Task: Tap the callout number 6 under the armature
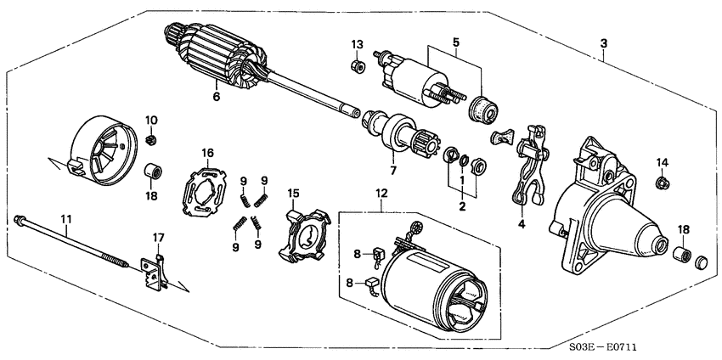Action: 216,97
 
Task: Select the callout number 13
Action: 357,44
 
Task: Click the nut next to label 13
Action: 357,63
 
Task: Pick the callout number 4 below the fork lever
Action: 521,225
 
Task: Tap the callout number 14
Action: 662,161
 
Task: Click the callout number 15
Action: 292,194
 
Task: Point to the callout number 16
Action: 206,152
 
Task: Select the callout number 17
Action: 157,236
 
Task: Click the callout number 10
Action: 150,119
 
